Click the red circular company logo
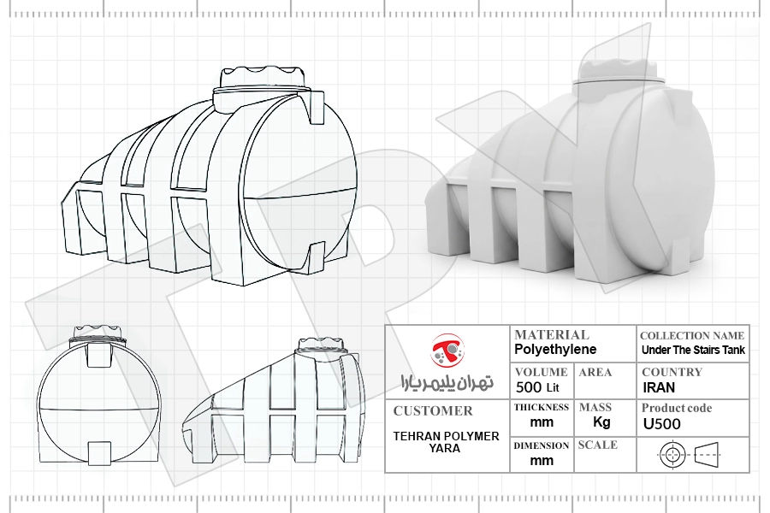(x=447, y=350)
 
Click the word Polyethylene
(x=555, y=350)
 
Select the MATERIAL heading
(x=552, y=335)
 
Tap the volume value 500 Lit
(x=538, y=387)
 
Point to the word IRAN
(x=659, y=387)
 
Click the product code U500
(x=662, y=424)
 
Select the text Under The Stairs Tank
(x=693, y=350)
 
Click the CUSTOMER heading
(x=433, y=411)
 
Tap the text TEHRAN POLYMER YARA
(x=446, y=442)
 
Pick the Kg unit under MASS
(x=601, y=422)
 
